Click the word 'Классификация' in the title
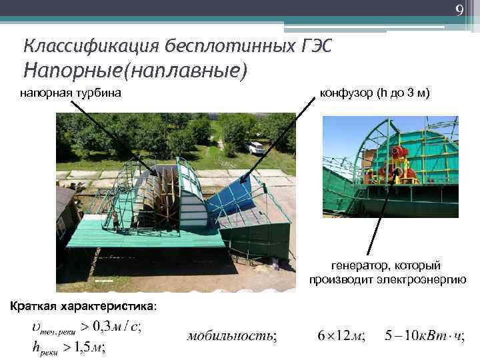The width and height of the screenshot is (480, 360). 75,46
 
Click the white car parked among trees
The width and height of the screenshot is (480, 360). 254,147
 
